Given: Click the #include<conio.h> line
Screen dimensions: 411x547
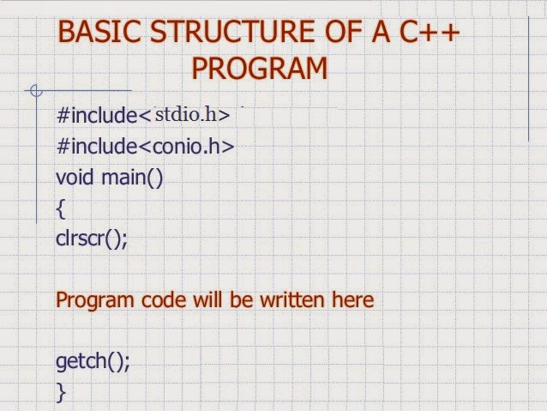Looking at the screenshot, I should point(145,147).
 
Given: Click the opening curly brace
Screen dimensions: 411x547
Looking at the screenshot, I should point(60,209).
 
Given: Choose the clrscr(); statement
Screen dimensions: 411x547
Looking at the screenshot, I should point(92,239).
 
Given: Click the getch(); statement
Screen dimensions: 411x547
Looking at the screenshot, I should point(93,361).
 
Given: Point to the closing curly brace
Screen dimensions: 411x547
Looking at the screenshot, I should point(60,392).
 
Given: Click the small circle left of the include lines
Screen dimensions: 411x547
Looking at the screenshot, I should point(35,90).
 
